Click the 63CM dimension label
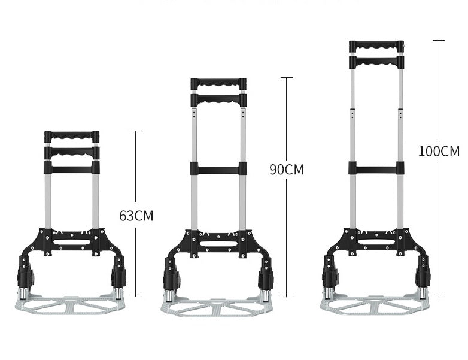[x=136, y=216]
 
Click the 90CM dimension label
[x=287, y=170]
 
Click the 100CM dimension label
[x=439, y=151]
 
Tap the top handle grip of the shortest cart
[x=72, y=137]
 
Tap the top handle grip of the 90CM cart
[x=218, y=84]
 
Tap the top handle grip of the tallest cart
[x=376, y=47]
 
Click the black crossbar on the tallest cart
[x=376, y=168]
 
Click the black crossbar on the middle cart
[x=218, y=168]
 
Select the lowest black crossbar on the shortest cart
[x=72, y=167]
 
